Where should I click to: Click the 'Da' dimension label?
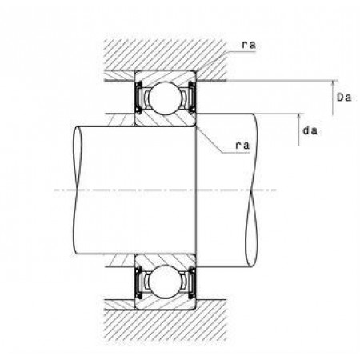click(344, 98)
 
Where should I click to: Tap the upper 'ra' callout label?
click(249, 45)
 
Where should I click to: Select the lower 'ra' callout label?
click(242, 146)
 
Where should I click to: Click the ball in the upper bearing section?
click(166, 98)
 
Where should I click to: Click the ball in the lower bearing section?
click(166, 282)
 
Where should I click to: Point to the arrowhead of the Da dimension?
click(333, 83)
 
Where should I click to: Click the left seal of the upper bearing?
click(138, 98)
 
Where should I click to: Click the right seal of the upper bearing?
click(192, 98)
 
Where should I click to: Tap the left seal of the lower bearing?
click(138, 282)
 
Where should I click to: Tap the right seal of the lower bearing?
click(192, 282)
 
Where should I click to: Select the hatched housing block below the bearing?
click(166, 324)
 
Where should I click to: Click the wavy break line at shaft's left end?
click(77, 190)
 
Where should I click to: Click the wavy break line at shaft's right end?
click(252, 190)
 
